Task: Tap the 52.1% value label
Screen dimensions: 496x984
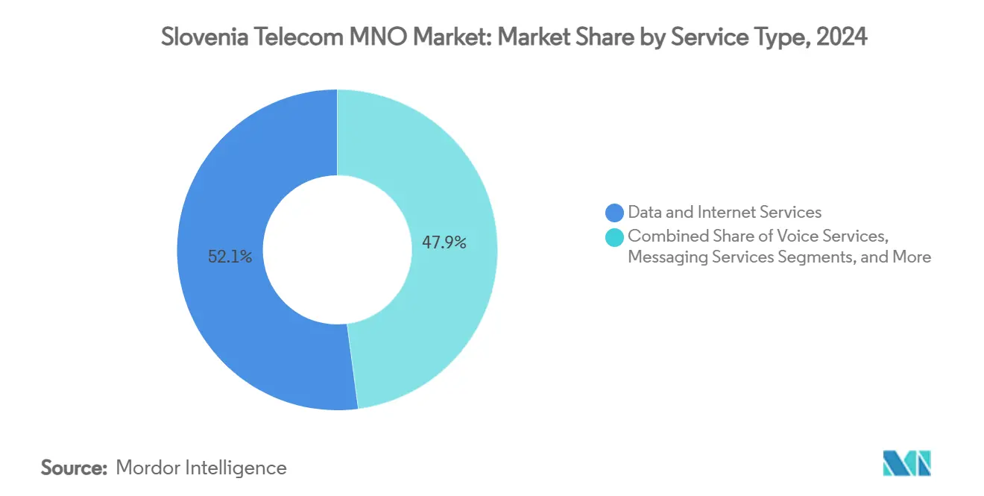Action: tap(230, 257)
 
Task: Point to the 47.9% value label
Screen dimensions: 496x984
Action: tap(444, 242)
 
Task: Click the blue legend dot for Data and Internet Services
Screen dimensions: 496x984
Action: tap(615, 213)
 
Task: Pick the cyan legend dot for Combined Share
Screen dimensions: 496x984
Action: tap(615, 236)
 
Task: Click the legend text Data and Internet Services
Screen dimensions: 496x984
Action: tap(725, 213)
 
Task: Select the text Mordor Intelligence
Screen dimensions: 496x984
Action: tap(201, 468)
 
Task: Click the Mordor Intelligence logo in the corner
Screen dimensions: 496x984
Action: tap(906, 463)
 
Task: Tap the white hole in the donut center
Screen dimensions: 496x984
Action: tap(338, 250)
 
